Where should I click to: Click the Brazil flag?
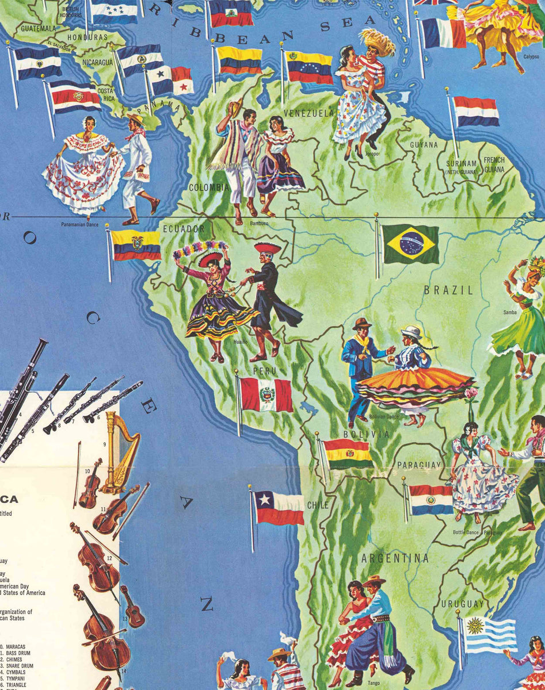point(410,244)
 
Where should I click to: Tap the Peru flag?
point(266,394)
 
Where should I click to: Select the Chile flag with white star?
point(279,507)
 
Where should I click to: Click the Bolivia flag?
point(348,453)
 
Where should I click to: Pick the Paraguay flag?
point(431,500)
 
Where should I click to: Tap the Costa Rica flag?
point(75,97)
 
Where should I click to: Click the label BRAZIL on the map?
point(448,290)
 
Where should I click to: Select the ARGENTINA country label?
point(395,558)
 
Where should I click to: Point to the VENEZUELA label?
point(308,113)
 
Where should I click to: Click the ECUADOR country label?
point(184,229)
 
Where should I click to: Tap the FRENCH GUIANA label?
point(494,164)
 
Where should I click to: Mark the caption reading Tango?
point(374,683)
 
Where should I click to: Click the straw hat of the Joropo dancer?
point(377,41)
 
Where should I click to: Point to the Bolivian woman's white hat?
point(411,332)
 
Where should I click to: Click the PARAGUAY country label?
point(418,465)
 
